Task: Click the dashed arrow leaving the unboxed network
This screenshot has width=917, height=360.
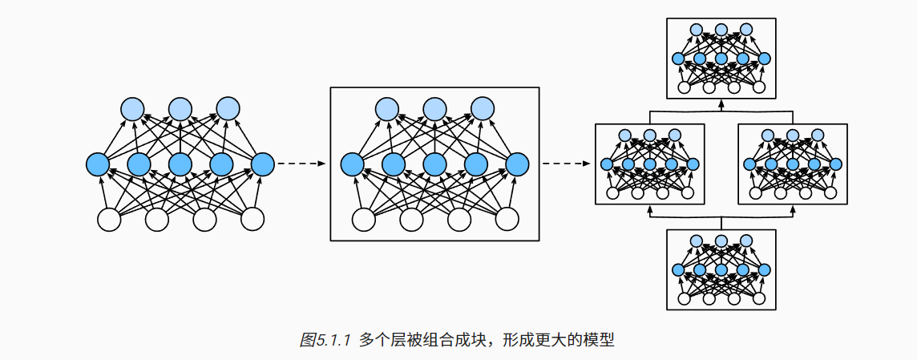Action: (x=301, y=164)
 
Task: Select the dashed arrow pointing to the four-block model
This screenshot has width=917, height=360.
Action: (x=564, y=164)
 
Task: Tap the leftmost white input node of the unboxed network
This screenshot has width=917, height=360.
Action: (x=108, y=218)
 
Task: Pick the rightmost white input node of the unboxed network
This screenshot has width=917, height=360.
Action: (x=252, y=218)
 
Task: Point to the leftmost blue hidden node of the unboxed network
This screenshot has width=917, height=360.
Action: (x=98, y=164)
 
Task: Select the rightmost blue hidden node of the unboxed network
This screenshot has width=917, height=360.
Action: (x=263, y=164)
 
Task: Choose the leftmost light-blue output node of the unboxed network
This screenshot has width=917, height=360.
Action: (x=132, y=108)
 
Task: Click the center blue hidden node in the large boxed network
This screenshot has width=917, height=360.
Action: (x=434, y=164)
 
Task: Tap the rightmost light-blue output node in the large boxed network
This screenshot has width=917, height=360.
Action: (x=483, y=108)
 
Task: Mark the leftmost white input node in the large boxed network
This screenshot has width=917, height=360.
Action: (x=363, y=218)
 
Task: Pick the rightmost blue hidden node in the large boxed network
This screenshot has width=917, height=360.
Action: (x=518, y=164)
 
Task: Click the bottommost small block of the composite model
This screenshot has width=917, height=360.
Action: (x=721, y=269)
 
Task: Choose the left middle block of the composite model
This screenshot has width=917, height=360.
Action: (x=649, y=164)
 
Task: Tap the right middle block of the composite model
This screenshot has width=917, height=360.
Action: (x=792, y=164)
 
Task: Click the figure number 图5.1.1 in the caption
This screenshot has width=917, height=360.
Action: (x=326, y=340)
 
